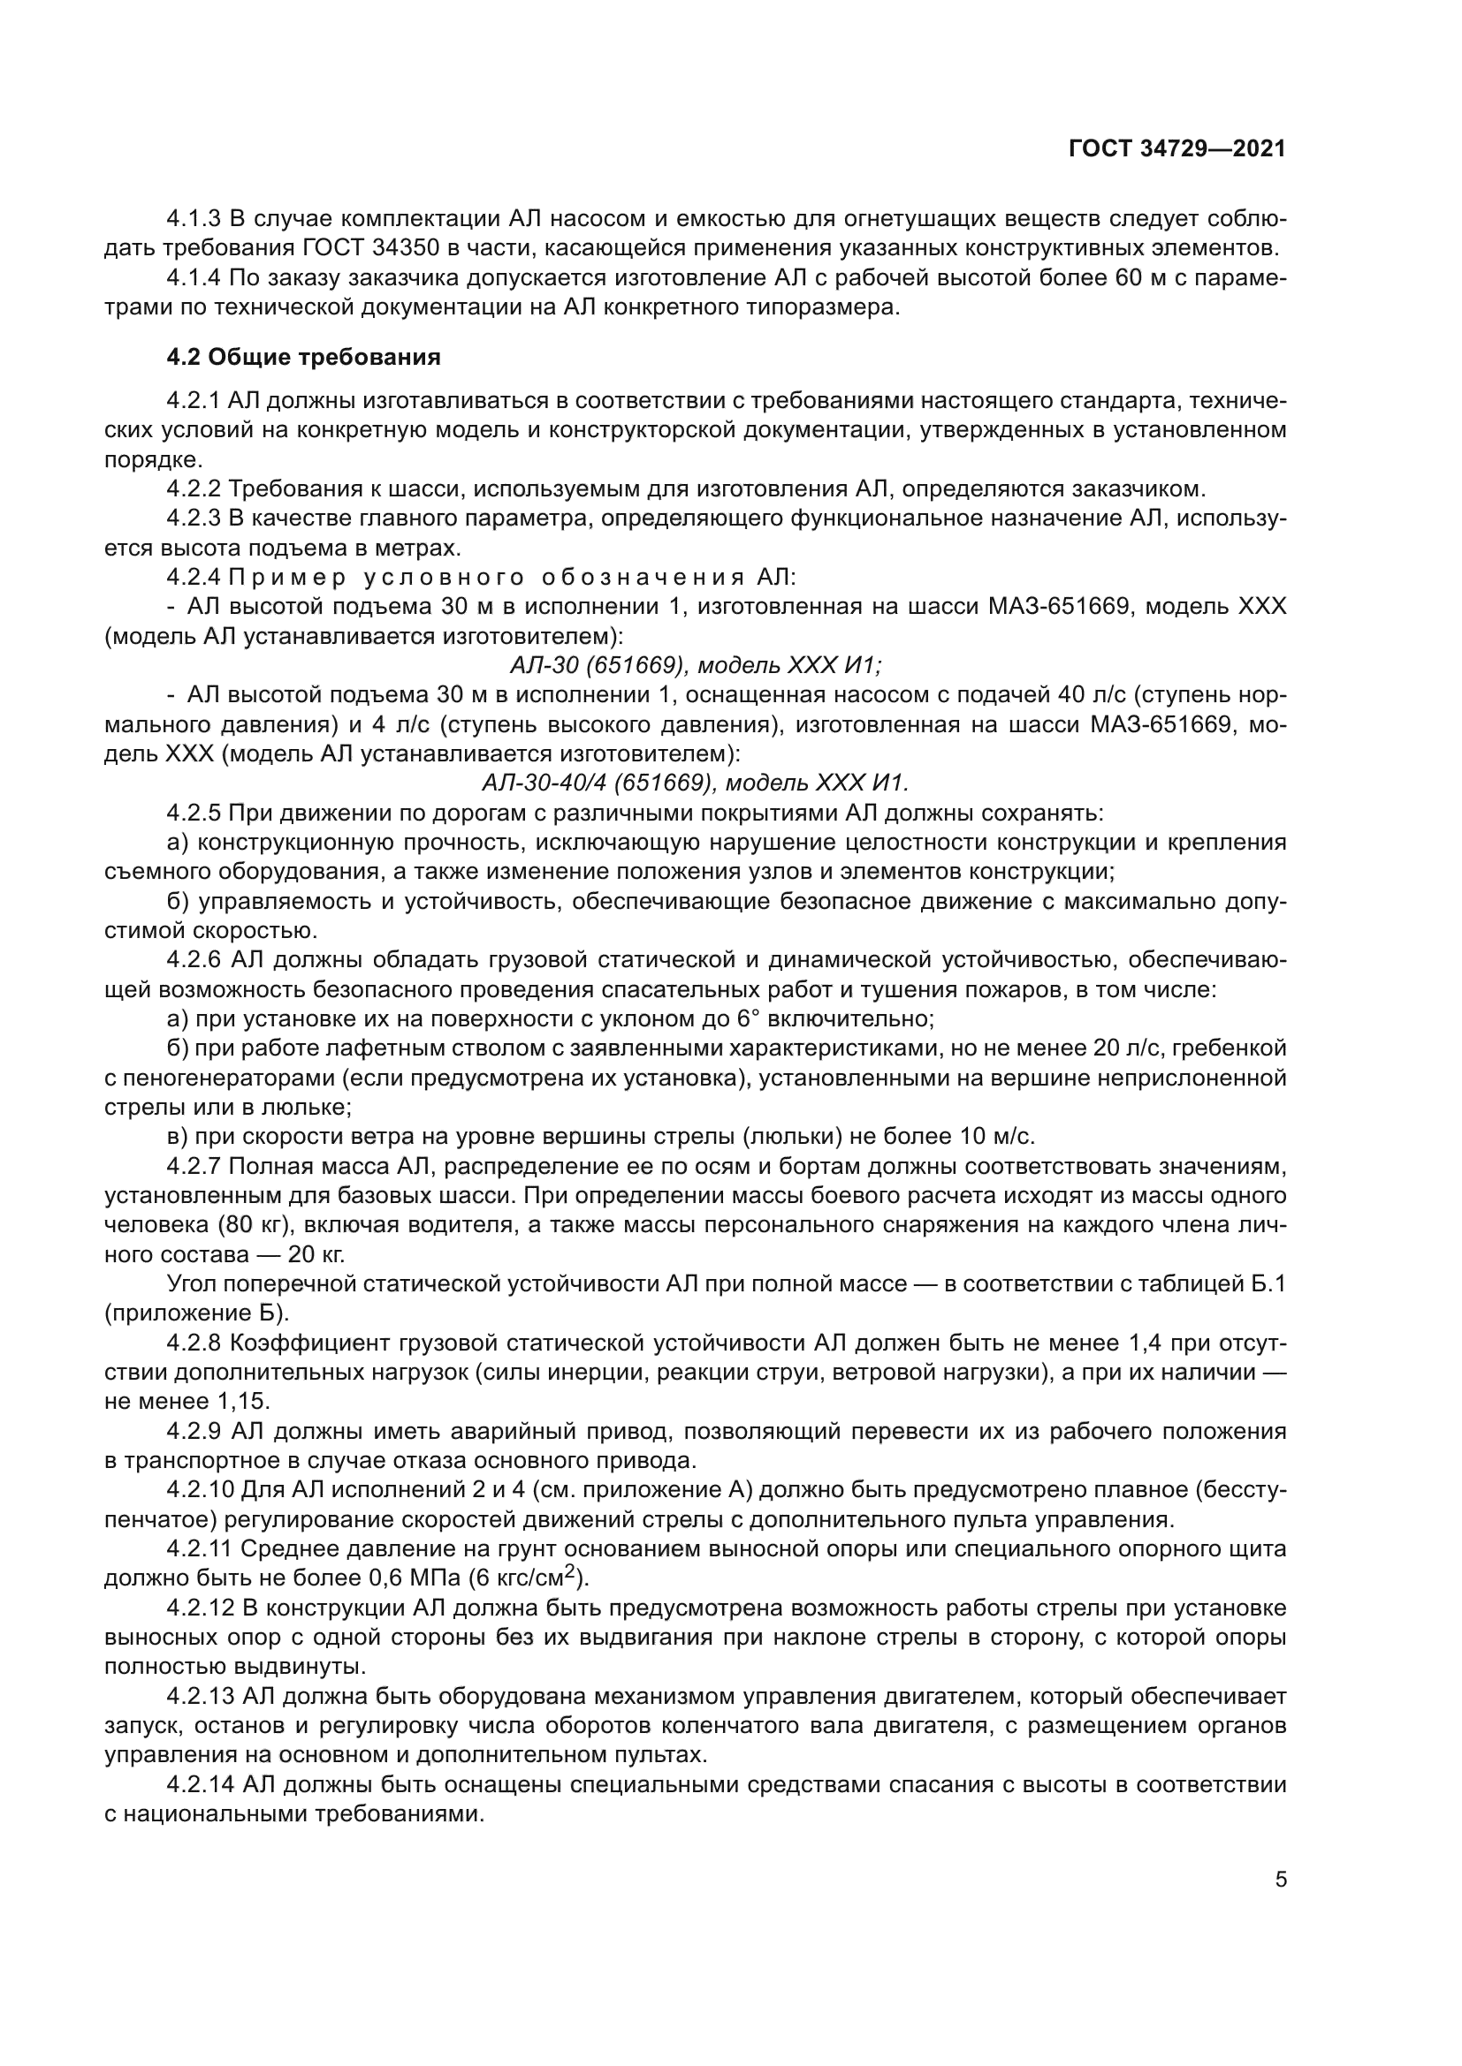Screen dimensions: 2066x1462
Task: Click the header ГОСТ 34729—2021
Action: click(1176, 149)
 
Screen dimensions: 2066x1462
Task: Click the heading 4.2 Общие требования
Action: click(303, 357)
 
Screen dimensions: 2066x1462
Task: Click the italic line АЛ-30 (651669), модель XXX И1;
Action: click(696, 665)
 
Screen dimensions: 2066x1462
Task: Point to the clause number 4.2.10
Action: click(200, 1490)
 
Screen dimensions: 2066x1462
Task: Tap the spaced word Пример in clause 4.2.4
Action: click(286, 577)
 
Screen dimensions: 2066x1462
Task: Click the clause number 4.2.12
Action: click(200, 1607)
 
